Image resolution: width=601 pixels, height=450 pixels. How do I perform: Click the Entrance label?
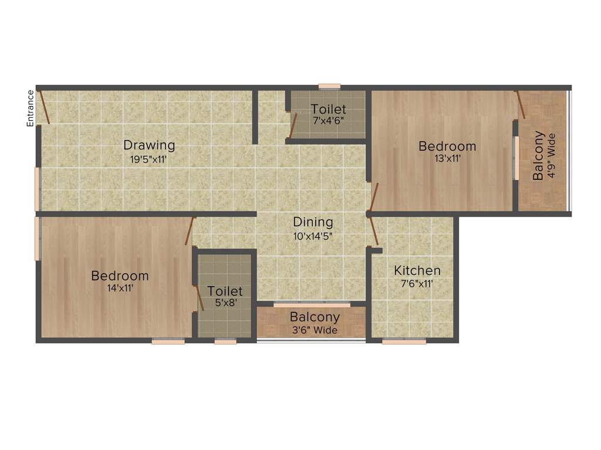(x=29, y=108)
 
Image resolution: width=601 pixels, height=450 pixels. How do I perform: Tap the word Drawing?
(x=149, y=145)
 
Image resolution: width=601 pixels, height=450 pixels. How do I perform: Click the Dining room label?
(x=313, y=223)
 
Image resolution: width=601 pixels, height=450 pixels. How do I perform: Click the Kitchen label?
(x=417, y=271)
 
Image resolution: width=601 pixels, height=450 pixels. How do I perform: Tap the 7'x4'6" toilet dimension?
(x=329, y=120)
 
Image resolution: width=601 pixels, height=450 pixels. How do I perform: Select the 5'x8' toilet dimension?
(x=225, y=303)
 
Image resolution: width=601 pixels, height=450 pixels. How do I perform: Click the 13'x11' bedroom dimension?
(x=447, y=158)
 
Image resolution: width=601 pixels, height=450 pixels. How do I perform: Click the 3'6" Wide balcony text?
(x=315, y=330)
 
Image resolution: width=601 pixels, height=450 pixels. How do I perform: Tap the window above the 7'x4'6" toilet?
(x=329, y=87)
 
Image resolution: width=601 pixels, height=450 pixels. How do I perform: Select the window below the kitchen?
(x=404, y=341)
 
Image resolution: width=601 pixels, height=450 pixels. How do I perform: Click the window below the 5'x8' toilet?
(x=225, y=341)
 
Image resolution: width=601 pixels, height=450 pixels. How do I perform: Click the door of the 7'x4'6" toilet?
(x=293, y=124)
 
